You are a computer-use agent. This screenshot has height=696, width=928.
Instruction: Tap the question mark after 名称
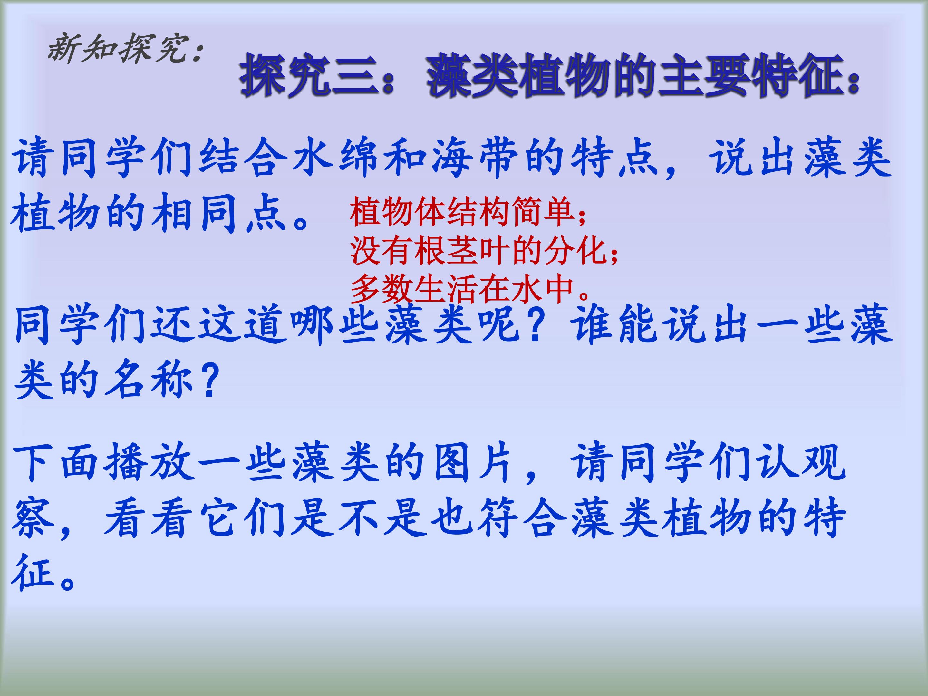(x=208, y=381)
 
